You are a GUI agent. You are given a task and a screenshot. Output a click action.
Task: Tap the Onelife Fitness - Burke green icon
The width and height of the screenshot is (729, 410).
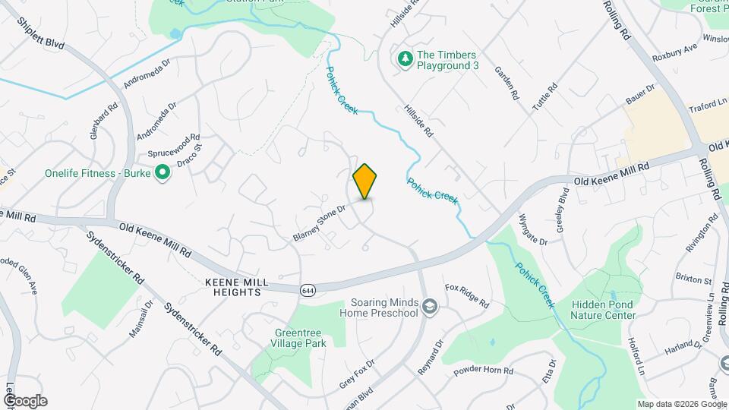click(x=162, y=173)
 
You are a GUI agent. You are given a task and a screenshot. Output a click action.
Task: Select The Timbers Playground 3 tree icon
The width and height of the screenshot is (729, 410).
click(x=406, y=58)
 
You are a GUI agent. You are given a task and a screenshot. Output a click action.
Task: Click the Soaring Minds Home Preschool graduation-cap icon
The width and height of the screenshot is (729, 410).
click(x=430, y=306)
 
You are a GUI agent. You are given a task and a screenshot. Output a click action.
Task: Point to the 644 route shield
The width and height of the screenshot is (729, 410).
click(x=308, y=290)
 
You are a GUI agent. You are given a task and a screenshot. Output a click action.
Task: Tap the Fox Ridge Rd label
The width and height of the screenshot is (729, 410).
click(x=466, y=297)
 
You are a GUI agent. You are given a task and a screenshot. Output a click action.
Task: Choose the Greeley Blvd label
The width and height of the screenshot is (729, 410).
click(x=563, y=205)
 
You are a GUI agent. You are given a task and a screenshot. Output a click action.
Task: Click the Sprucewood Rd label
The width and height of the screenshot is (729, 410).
click(x=174, y=139)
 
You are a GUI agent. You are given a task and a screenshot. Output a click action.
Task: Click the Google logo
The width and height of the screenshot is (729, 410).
click(x=25, y=401)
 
